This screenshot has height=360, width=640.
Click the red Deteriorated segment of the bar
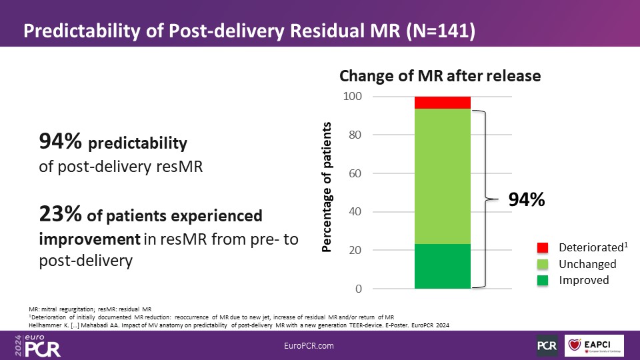point(442,102)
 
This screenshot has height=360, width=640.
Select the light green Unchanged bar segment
point(442,176)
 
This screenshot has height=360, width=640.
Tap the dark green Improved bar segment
point(442,266)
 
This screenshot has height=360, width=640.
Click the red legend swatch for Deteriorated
point(543,248)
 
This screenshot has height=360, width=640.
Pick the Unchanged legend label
point(587,264)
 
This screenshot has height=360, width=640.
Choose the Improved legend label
point(583,280)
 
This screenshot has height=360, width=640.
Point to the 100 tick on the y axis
point(353,97)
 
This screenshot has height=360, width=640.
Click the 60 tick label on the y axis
point(355,173)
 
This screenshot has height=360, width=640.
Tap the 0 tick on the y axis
point(358,289)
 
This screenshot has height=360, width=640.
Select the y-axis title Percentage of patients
point(327,187)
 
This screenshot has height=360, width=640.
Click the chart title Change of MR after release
point(440,76)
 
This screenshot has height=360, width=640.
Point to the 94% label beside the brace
point(527,199)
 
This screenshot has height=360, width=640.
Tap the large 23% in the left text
point(61,215)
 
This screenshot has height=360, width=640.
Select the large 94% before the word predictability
point(61,141)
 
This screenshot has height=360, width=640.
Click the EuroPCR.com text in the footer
point(308,345)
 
